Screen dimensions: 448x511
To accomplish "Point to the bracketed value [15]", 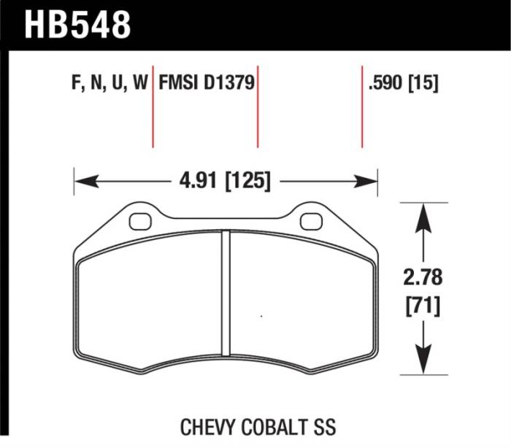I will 424,84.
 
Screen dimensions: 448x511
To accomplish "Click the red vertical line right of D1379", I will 258,109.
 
